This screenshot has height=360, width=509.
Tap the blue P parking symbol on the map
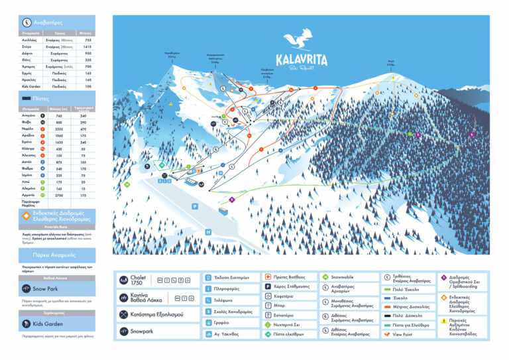click(195, 207)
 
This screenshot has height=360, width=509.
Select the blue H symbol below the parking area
click(208, 232)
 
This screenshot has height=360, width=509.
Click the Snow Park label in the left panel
click(47, 289)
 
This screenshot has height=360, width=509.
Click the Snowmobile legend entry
click(344, 276)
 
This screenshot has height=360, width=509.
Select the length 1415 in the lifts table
click(87, 47)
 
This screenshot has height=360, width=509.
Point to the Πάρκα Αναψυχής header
click(47, 255)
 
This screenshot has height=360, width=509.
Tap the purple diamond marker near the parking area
click(232, 199)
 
